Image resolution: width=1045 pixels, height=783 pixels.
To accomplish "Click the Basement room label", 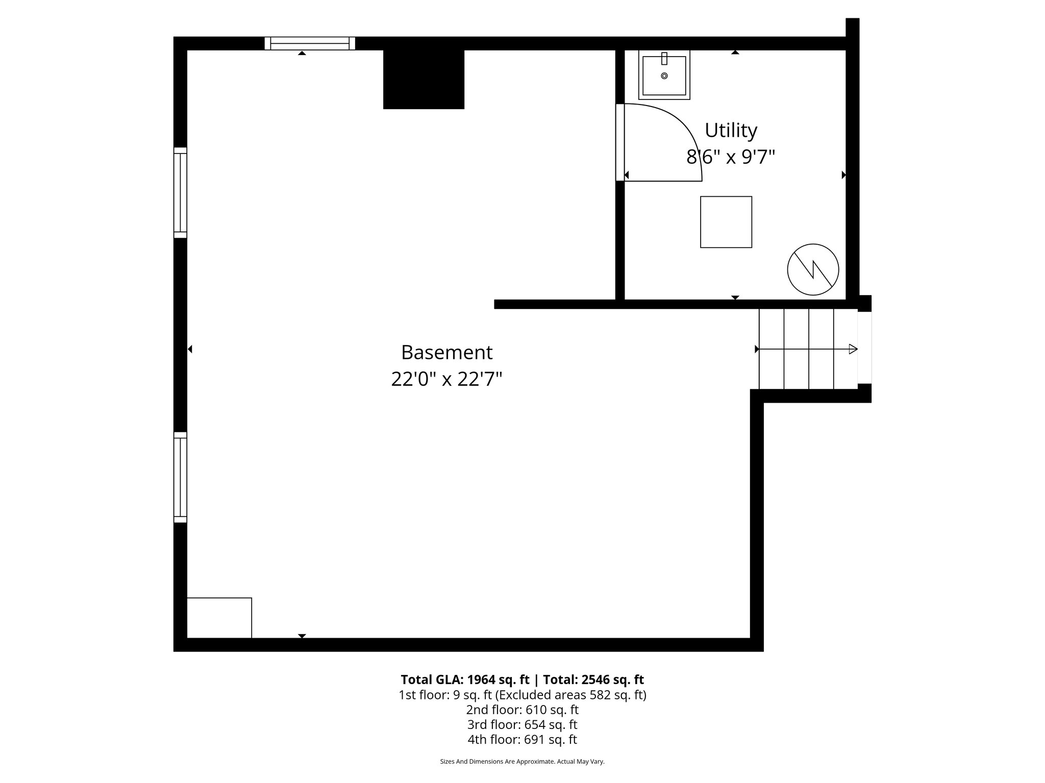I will [446, 352].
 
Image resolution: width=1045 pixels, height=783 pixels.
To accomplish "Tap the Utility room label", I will [731, 130].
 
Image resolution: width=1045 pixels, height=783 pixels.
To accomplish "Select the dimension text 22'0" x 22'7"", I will [446, 379].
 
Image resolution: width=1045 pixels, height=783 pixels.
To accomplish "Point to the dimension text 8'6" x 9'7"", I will [731, 157].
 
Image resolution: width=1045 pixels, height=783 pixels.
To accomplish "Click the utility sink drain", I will [664, 76].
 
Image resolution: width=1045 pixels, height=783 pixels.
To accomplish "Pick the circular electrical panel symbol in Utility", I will [813, 270].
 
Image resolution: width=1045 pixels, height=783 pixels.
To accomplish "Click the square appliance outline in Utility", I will [726, 222].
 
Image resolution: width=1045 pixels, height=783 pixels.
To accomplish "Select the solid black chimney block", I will [424, 79].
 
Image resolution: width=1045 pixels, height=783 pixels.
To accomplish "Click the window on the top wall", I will [310, 43].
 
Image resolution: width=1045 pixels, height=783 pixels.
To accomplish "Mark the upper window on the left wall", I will [180, 193].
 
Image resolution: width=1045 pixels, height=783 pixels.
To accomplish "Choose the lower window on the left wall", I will [180, 477].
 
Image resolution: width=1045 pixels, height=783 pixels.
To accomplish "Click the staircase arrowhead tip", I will [855, 349].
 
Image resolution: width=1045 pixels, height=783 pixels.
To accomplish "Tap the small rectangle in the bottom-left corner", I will [219, 617].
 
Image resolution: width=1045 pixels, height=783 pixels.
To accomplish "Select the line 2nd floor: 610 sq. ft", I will [522, 710].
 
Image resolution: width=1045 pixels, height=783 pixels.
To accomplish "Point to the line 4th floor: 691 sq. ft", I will [522, 739].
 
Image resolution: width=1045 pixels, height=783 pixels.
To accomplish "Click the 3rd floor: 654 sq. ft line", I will [522, 724].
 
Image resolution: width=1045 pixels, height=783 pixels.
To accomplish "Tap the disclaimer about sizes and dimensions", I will [522, 762].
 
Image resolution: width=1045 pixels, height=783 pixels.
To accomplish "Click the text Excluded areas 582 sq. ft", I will [570, 695].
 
